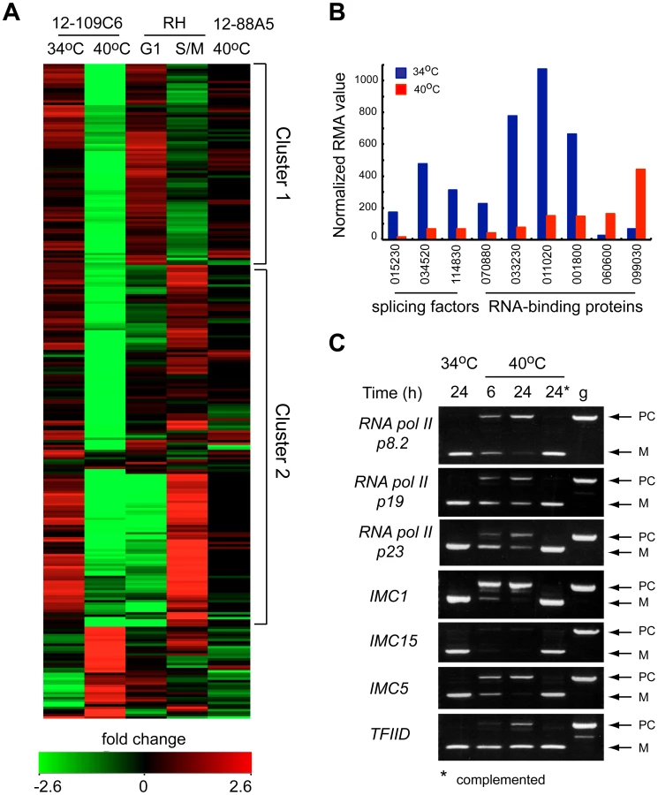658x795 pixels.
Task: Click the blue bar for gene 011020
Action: pyautogui.click(x=542, y=153)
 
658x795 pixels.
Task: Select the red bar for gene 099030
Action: pyautogui.click(x=640, y=203)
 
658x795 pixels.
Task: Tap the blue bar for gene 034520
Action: pyautogui.click(x=422, y=201)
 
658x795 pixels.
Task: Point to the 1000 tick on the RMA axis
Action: pyautogui.click(x=367, y=79)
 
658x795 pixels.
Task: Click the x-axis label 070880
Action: pyautogui.click(x=487, y=265)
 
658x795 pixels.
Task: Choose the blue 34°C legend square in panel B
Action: pyautogui.click(x=401, y=72)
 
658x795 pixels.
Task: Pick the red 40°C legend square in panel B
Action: pyautogui.click(x=401, y=90)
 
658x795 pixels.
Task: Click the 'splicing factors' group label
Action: pyautogui.click(x=426, y=307)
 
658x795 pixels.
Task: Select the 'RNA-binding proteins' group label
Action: pyautogui.click(x=566, y=307)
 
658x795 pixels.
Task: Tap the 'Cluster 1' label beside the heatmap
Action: pyautogui.click(x=283, y=163)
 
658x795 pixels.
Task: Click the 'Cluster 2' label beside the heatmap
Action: pyautogui.click(x=283, y=441)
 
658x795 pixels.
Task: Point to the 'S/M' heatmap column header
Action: pyautogui.click(x=190, y=49)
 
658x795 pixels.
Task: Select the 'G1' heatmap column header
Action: pyautogui.click(x=150, y=49)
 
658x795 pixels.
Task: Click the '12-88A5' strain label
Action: pyautogui.click(x=244, y=24)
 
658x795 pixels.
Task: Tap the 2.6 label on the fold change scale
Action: pyautogui.click(x=240, y=786)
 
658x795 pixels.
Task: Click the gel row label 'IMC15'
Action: pyautogui.click(x=393, y=641)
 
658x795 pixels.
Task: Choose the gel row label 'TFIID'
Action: pyautogui.click(x=390, y=734)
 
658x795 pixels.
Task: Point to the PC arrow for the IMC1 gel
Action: pyautogui.click(x=622, y=587)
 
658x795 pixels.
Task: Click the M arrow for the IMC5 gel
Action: pyautogui.click(x=622, y=697)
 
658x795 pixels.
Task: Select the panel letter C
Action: pyautogui.click(x=337, y=343)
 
